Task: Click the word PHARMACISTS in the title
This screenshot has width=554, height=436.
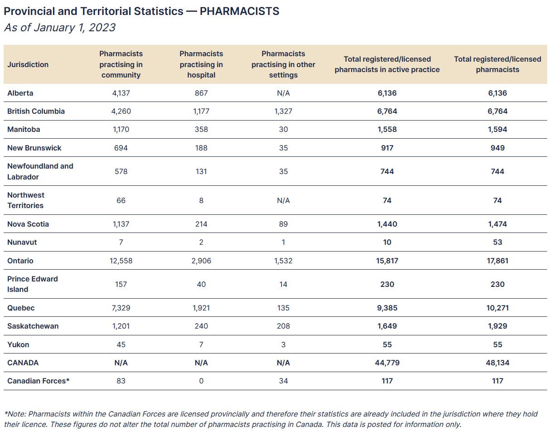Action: coord(239,11)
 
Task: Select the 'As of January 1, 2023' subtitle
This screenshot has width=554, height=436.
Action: coord(60,28)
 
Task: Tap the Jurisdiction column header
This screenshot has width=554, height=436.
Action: coord(28,64)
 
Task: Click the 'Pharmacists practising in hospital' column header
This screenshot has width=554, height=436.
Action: coord(201,64)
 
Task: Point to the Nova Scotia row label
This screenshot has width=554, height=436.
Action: coord(28,224)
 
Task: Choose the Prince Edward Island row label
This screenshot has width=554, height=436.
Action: coord(33,284)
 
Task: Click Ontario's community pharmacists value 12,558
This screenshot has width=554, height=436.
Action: coord(121,261)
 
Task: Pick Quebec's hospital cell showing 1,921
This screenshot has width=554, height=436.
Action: coord(201,308)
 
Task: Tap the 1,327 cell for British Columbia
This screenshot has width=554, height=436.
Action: coord(283,111)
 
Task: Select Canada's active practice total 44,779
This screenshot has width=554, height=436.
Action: coord(387,363)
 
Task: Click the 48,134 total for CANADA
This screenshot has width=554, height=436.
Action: coord(497,363)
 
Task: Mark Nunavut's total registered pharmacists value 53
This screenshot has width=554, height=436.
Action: coord(497,242)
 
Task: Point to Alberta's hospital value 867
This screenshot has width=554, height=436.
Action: coord(201,93)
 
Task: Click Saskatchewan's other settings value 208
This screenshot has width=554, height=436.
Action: coord(283,326)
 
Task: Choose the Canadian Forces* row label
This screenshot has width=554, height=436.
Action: coord(39,381)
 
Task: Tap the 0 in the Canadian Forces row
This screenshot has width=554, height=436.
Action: coord(201,381)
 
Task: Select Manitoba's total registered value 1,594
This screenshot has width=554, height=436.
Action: coord(497,129)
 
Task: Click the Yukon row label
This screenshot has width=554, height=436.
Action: coord(18,344)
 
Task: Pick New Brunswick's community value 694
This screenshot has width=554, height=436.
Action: coord(121,148)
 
